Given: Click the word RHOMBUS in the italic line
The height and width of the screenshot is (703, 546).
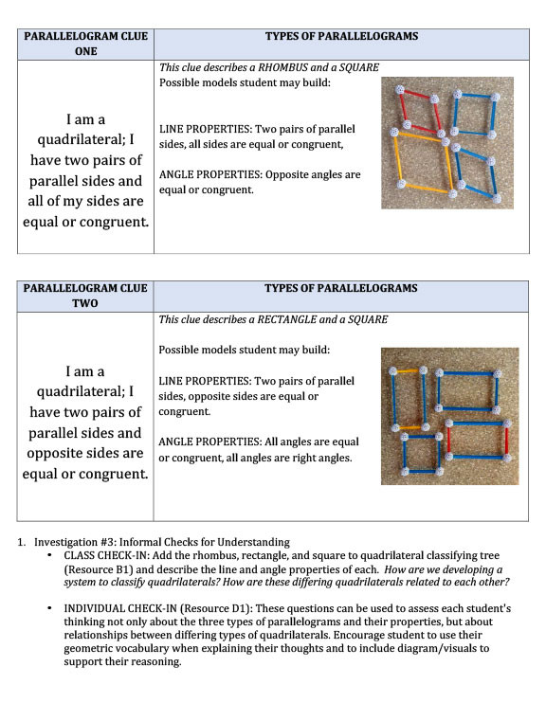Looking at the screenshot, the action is click(x=282, y=67).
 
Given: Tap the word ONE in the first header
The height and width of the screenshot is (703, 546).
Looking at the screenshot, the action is click(x=85, y=51).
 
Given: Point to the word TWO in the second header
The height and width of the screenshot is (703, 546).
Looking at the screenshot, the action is click(x=84, y=303).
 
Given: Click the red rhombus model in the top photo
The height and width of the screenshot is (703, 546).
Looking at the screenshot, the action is click(x=420, y=112).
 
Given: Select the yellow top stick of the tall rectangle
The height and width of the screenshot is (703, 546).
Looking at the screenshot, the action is click(x=408, y=371).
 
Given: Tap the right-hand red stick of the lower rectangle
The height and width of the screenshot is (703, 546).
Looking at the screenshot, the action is click(x=507, y=442).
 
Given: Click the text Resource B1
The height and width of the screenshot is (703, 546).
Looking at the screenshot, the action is click(x=99, y=569).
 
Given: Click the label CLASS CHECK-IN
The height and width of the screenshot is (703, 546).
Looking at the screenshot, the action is click(x=106, y=555).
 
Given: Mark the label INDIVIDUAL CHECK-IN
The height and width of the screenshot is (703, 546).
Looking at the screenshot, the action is click(x=120, y=608).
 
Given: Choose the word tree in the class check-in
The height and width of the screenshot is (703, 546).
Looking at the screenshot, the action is click(x=488, y=555).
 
